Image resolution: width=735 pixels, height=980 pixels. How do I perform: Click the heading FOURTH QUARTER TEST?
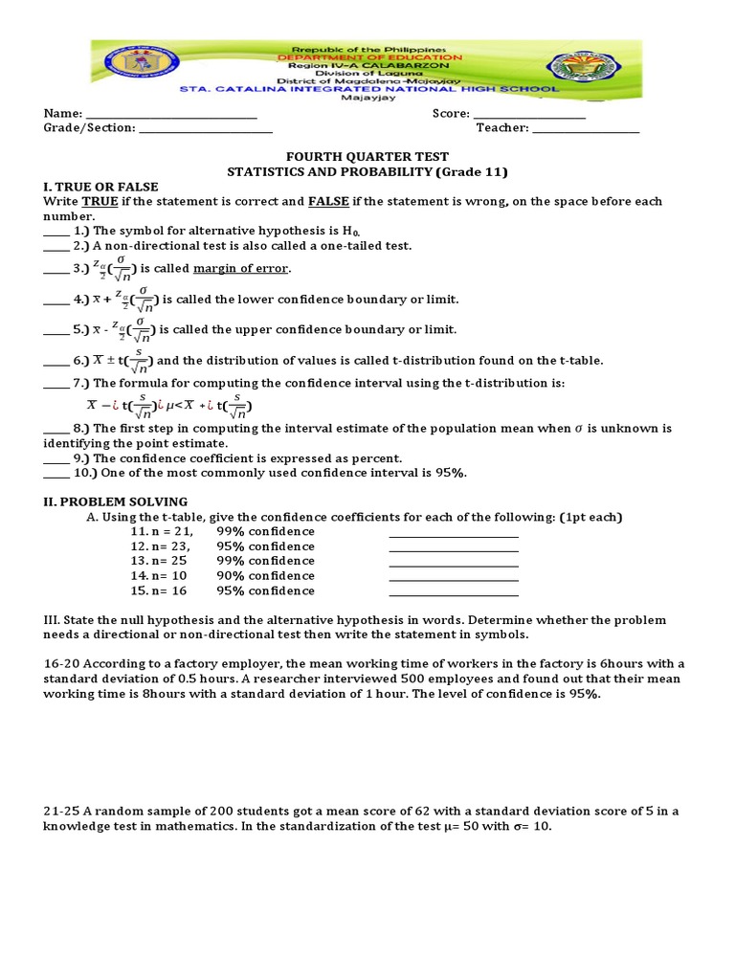point(368,157)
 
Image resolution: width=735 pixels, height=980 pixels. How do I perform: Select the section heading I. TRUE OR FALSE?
point(100,187)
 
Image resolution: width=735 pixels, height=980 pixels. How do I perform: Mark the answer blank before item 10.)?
point(56,474)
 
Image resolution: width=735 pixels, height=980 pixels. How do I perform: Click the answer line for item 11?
point(454,534)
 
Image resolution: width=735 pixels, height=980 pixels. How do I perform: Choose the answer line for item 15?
point(454,592)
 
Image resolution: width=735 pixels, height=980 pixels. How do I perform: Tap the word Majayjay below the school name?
point(368,97)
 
